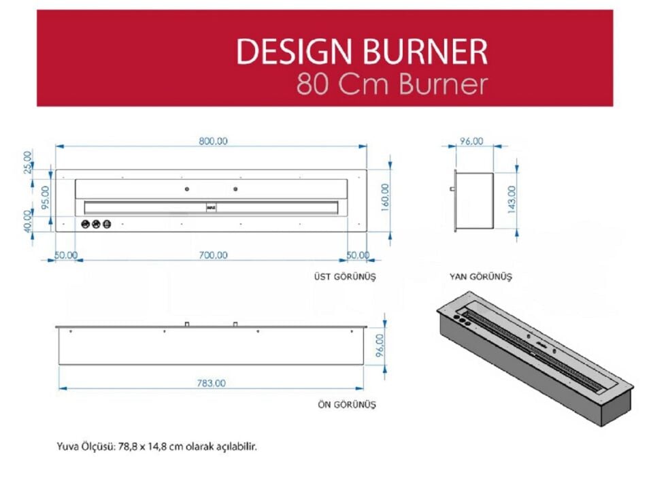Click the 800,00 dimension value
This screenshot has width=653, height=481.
pyautogui.click(x=213, y=141)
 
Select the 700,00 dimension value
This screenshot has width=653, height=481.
pyautogui.click(x=213, y=255)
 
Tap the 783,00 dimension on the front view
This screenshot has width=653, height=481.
pyautogui.click(x=212, y=383)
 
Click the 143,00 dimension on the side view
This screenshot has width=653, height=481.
pyautogui.click(x=512, y=199)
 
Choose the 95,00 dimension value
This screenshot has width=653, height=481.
pyautogui.click(x=46, y=196)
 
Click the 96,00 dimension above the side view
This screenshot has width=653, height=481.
pyautogui.click(x=471, y=141)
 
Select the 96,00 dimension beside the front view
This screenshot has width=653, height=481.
pyautogui.click(x=380, y=344)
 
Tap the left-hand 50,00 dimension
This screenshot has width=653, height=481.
pyautogui.click(x=65, y=255)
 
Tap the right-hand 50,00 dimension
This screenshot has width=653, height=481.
pyautogui.click(x=357, y=255)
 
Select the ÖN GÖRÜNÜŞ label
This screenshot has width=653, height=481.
pyautogui.click(x=347, y=404)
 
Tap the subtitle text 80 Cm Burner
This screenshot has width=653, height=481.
pyautogui.click(x=392, y=85)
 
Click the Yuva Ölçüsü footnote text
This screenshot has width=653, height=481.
pyautogui.click(x=157, y=447)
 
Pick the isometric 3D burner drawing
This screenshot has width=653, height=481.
pyautogui.click(x=535, y=357)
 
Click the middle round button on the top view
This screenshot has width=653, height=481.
pyautogui.click(x=96, y=225)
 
